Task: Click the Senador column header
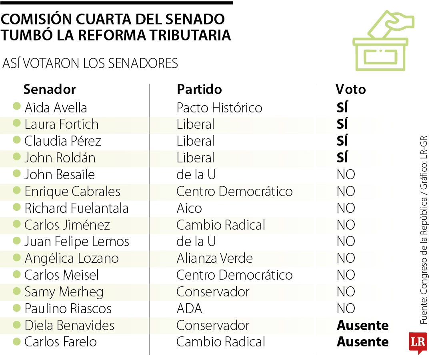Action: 49,89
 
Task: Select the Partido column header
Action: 199,89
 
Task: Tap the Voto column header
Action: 350,89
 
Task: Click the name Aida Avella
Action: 56,108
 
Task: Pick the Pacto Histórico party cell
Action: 219,108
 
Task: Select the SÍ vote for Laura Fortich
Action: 342,124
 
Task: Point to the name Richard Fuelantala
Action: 76,208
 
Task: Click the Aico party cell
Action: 189,208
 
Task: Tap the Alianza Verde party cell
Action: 214,258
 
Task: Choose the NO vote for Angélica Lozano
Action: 346,258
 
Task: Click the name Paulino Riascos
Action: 68,308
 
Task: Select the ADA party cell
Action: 189,308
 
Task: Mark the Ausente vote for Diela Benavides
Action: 362,325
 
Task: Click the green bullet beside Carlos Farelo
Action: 16,341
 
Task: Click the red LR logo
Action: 418,342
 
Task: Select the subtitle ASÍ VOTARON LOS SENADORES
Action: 90,64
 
